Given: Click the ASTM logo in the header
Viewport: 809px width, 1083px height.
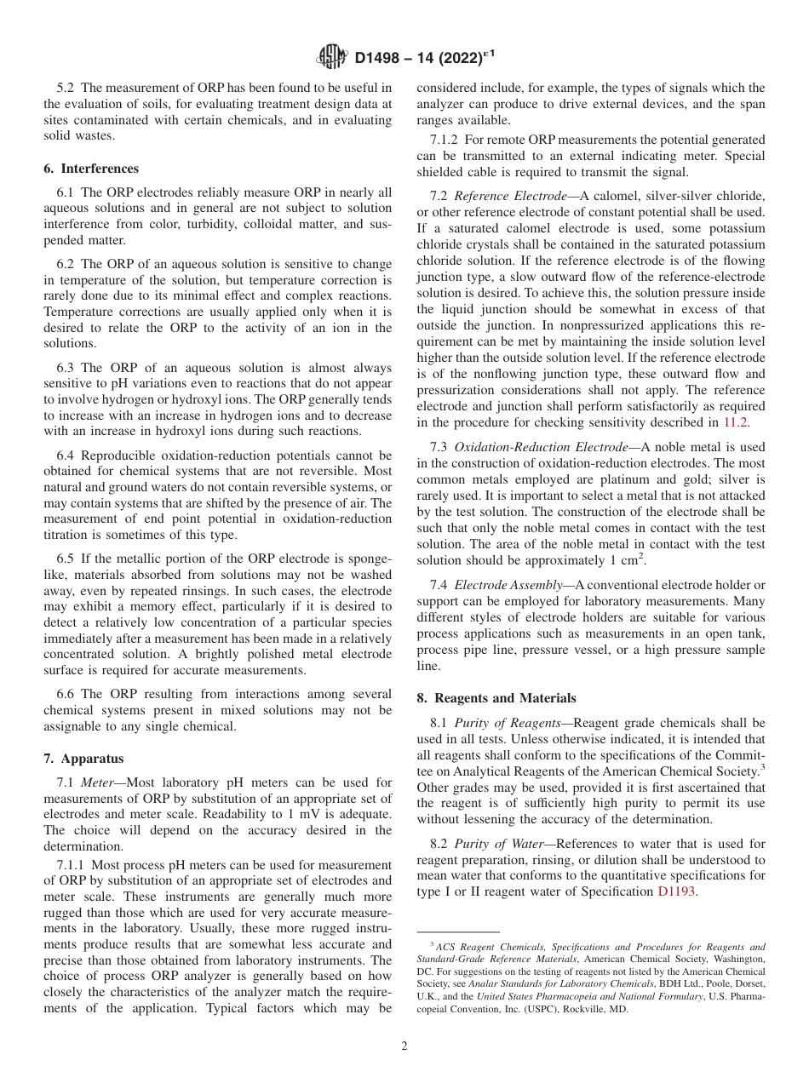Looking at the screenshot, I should pos(331,57).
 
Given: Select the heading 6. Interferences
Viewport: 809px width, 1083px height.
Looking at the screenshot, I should pos(91,169).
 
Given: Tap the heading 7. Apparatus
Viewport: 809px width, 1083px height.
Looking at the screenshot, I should pos(83,758).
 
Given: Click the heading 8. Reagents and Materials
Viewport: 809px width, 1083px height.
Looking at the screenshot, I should pos(496,698).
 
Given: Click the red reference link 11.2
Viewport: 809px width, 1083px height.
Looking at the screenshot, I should pos(737,422).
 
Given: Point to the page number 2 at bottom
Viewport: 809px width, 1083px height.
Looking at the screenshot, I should pos(404,1046).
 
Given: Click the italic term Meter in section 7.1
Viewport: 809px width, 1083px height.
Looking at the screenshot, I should pos(100,782).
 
